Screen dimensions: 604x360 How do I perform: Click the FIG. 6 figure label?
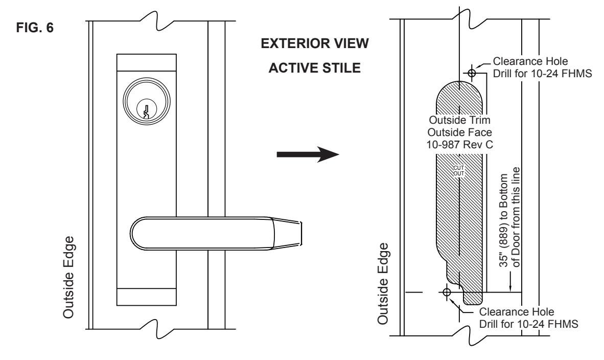[x=35, y=28]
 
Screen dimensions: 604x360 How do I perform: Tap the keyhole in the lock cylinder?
[x=146, y=110]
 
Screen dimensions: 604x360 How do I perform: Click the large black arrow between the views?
[x=308, y=154]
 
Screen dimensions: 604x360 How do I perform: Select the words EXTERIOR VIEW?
[x=315, y=43]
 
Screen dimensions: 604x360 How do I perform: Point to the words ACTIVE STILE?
[x=314, y=68]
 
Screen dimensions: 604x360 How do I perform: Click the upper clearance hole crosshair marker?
[x=472, y=73]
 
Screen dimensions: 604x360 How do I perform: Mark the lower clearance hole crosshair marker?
[x=447, y=292]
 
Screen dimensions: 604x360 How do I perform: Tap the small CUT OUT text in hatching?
[x=459, y=171]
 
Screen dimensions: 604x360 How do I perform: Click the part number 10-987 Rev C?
[x=459, y=145]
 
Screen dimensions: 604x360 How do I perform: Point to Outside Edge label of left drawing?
[x=68, y=278]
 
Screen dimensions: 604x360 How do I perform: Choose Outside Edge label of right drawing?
[x=383, y=284]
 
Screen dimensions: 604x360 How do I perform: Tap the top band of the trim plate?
[x=146, y=62]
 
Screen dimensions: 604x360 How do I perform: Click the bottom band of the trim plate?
[x=146, y=297]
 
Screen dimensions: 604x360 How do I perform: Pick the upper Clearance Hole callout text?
[x=542, y=67]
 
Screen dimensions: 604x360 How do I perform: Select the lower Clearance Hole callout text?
[x=528, y=318]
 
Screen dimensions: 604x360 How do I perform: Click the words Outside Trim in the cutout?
[x=459, y=120]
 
